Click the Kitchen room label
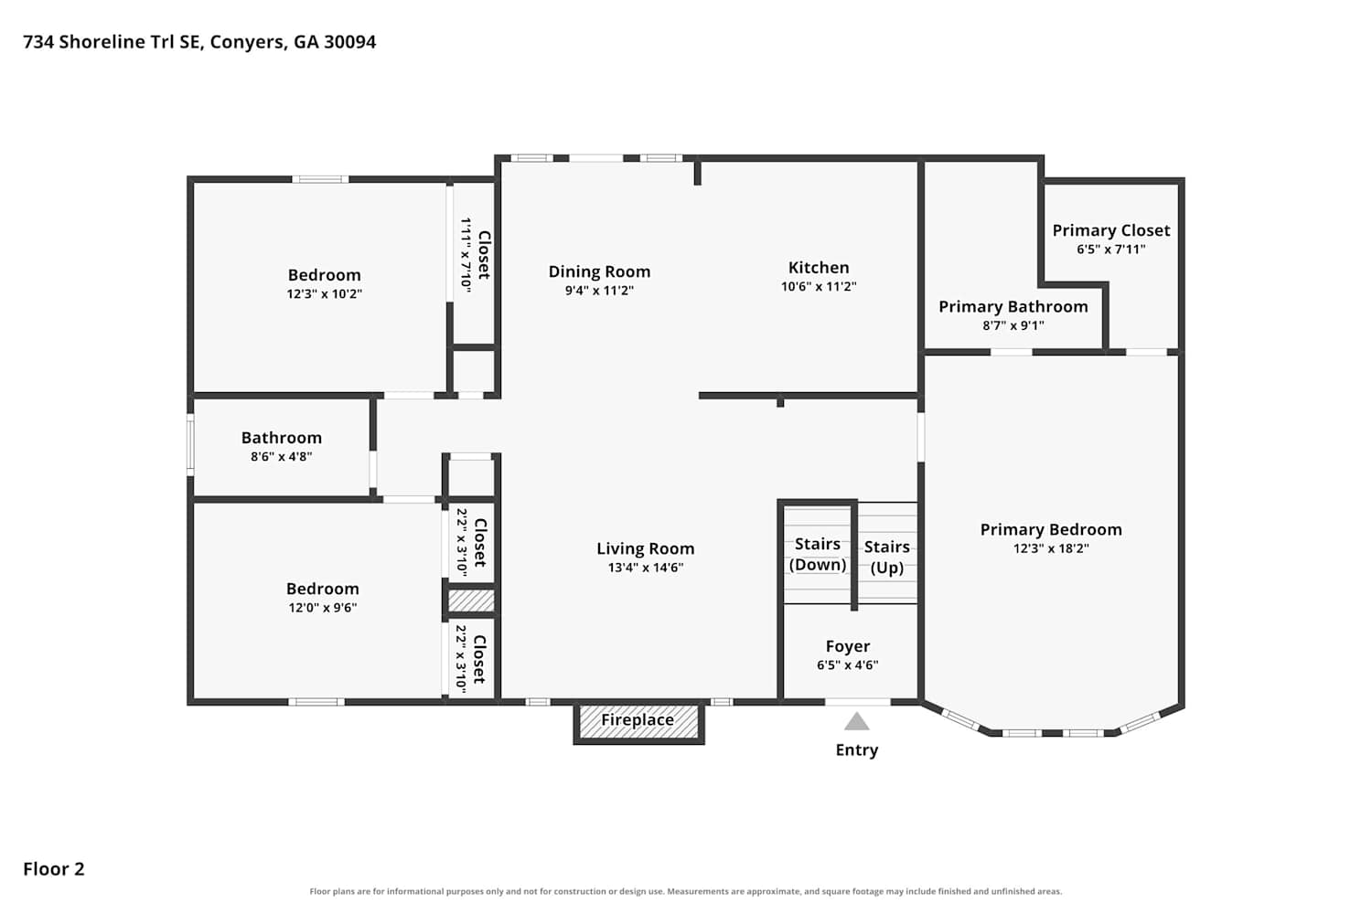click(819, 268)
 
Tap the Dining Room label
click(599, 271)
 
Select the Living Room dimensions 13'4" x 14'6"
click(646, 568)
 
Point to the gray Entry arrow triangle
click(856, 721)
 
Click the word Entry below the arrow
click(856, 749)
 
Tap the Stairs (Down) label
click(817, 554)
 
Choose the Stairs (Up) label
click(886, 557)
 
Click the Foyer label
click(847, 646)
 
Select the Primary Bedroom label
click(1051, 529)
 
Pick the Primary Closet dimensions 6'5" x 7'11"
click(1111, 250)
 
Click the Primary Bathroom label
click(1013, 307)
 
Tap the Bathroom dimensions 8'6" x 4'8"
click(281, 456)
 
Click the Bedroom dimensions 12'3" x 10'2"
click(324, 294)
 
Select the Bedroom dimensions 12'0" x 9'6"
click(323, 607)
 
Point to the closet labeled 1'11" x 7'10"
click(474, 263)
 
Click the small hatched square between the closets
click(471, 600)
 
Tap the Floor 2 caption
click(54, 868)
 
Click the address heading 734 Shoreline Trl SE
click(113, 42)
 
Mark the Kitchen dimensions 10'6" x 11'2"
click(819, 286)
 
